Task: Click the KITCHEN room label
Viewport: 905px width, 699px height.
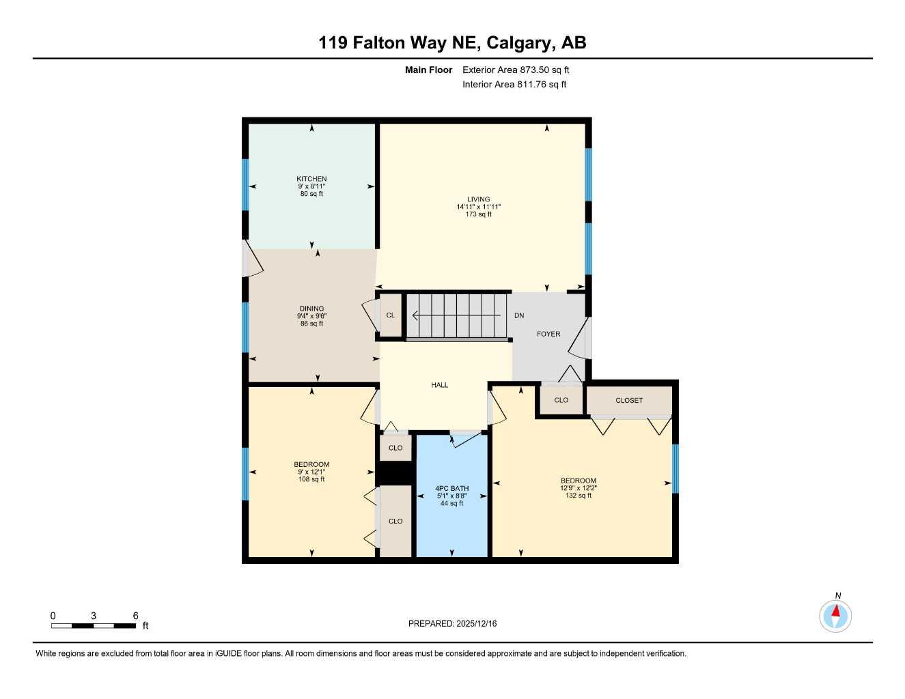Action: click(311, 179)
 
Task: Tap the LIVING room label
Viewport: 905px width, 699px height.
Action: click(478, 199)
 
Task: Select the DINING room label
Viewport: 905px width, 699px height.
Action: click(311, 309)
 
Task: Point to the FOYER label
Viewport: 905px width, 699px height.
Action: click(548, 334)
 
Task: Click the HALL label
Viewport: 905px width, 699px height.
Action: click(439, 385)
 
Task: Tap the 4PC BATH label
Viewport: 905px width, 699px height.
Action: click(451, 488)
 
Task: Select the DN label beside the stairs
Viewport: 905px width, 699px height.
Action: click(519, 315)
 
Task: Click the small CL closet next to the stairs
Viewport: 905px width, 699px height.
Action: click(391, 315)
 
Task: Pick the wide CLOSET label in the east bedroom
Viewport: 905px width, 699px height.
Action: click(629, 401)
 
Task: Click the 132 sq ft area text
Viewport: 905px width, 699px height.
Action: click(579, 496)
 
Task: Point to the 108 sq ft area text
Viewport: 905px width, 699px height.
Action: click(311, 479)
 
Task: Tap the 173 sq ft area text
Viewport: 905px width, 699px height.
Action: click(478, 214)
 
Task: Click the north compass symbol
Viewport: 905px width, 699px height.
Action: click(835, 616)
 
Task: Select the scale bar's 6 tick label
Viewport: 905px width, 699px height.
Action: click(135, 616)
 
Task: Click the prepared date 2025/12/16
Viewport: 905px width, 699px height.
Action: click(476, 623)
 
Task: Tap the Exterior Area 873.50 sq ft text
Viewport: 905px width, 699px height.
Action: click(516, 70)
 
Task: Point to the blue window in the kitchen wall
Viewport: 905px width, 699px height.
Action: click(245, 184)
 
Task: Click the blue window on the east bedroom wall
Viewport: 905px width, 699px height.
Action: click(676, 468)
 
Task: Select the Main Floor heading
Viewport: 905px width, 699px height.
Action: click(428, 70)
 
